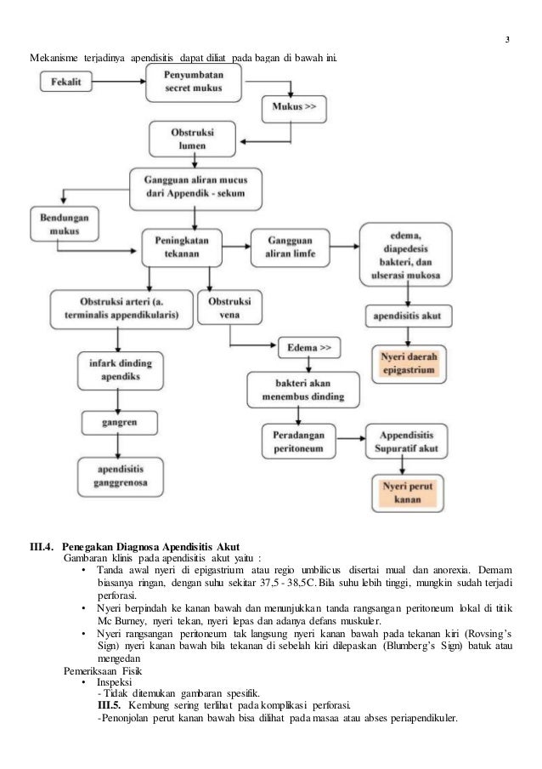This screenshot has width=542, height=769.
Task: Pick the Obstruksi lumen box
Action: [187, 139]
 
